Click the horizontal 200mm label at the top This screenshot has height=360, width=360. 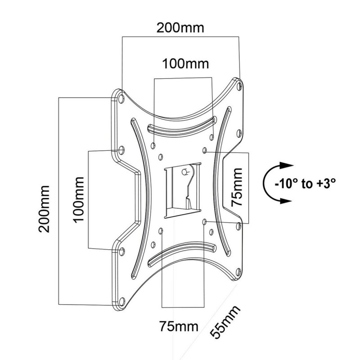(180, 28)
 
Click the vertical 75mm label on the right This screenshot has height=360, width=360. (237, 187)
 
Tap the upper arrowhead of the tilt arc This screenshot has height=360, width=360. (283, 165)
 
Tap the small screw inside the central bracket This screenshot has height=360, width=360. (184, 171)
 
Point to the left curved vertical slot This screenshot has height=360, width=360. (139, 198)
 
